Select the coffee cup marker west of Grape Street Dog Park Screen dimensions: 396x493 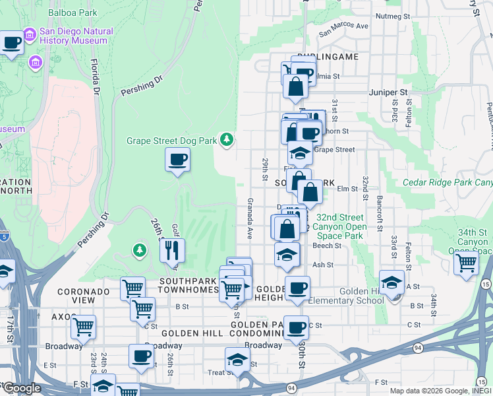(177, 160)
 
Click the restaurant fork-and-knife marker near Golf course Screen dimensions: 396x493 (172, 250)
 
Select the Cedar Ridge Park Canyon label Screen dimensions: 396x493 (448, 182)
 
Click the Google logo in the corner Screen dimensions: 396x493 (22, 388)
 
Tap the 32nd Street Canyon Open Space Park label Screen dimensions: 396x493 (339, 226)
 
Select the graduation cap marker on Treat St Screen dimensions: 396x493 (237, 361)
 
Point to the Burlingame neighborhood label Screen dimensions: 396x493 (328, 57)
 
